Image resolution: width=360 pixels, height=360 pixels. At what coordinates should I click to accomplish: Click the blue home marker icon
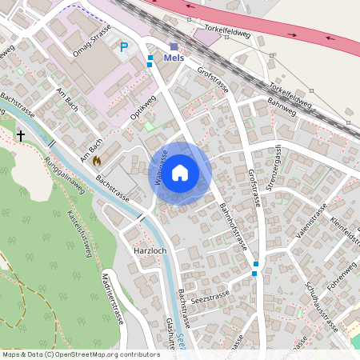coord(180,173)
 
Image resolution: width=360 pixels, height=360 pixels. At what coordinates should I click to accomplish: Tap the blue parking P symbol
coord(123,47)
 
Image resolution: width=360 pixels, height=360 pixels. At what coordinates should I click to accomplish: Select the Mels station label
coord(174,58)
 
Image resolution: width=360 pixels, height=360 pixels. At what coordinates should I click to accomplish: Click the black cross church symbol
coord(21,137)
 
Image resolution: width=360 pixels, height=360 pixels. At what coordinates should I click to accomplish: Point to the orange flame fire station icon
coord(97,161)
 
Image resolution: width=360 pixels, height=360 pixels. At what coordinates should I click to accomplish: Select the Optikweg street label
coord(142,111)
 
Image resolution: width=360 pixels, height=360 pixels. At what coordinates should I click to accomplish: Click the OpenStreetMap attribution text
coord(80,354)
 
